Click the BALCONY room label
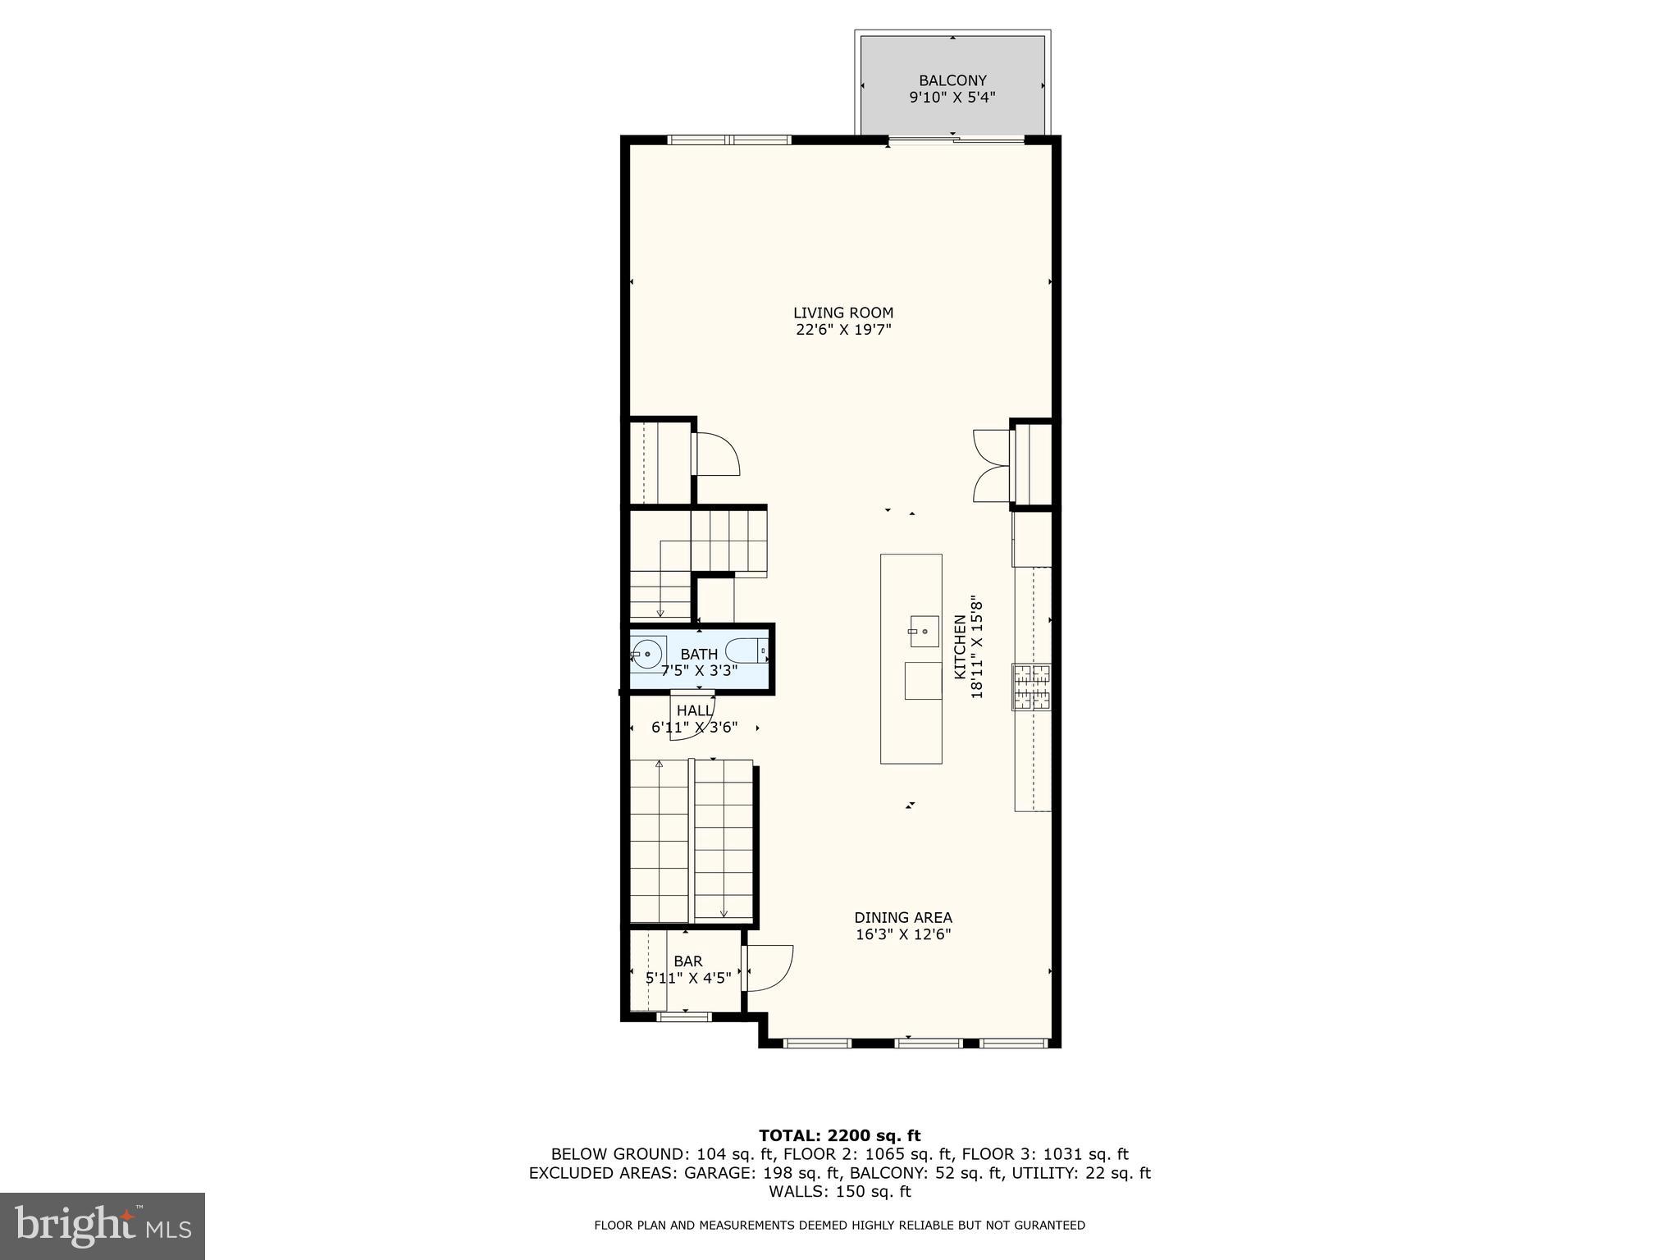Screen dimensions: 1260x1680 [x=952, y=80]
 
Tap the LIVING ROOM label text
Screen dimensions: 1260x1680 [x=842, y=313]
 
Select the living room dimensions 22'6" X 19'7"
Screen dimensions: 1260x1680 [x=842, y=331]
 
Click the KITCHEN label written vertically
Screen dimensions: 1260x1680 [x=959, y=647]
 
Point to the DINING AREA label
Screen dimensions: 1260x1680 [x=902, y=917]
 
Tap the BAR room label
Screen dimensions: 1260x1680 [x=687, y=961]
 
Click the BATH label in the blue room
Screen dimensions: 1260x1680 [x=699, y=654]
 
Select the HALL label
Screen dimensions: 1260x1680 [x=694, y=710]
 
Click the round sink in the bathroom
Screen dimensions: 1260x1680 [x=647, y=654]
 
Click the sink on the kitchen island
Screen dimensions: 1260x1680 [x=923, y=631]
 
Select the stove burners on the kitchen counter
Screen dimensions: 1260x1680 [x=1031, y=687]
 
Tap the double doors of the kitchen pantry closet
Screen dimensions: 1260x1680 [x=991, y=465]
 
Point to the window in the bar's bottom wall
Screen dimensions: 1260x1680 [x=684, y=1017]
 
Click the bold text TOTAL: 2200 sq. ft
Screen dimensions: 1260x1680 [x=839, y=1135]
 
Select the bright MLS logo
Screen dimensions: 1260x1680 [x=103, y=1226]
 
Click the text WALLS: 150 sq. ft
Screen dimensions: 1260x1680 [x=839, y=1192]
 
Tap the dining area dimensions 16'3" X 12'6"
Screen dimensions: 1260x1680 [x=902, y=934]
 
